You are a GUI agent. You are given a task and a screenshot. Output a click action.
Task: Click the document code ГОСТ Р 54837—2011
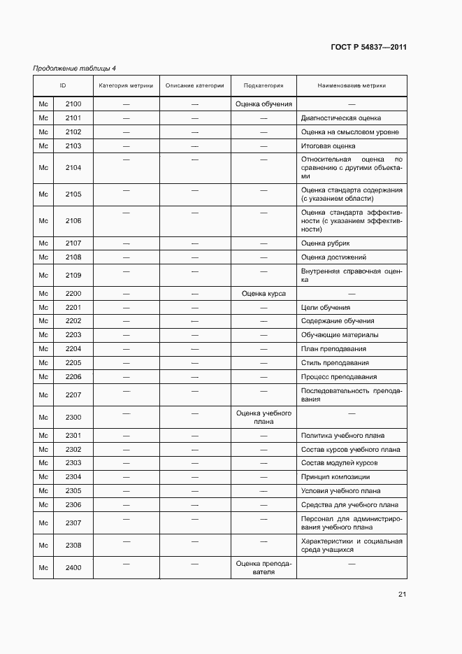pyautogui.click(x=368, y=48)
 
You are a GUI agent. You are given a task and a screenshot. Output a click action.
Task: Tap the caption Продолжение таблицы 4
pyautogui.click(x=75, y=68)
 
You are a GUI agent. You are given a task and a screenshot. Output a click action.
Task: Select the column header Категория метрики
pyautogui.click(x=126, y=86)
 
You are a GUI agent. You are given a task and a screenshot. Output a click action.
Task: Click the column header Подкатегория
pyautogui.click(x=264, y=86)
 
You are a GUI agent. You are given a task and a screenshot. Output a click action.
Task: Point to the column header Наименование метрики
pyautogui.click(x=352, y=86)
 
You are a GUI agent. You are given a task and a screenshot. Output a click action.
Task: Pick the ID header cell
pyautogui.click(x=63, y=86)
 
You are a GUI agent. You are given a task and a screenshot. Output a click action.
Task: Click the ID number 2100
pyautogui.click(x=73, y=104)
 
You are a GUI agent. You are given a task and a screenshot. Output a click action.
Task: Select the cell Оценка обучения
pyautogui.click(x=264, y=104)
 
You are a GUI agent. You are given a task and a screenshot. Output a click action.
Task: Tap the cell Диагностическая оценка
pyautogui.click(x=341, y=118)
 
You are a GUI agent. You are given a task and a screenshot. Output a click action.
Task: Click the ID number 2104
pyautogui.click(x=73, y=168)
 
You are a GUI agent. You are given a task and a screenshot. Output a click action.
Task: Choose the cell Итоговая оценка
pyautogui.click(x=328, y=146)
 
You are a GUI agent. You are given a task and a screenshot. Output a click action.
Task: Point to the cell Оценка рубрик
pyautogui.click(x=325, y=243)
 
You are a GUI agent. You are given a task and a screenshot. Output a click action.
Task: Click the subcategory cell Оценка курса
pyautogui.click(x=264, y=294)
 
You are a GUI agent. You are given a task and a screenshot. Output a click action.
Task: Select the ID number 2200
pyautogui.click(x=73, y=294)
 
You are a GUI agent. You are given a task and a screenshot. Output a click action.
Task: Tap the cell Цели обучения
pyautogui.click(x=325, y=308)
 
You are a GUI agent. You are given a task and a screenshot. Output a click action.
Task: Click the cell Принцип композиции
pyautogui.click(x=335, y=477)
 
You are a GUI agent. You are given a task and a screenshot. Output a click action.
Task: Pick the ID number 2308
pyautogui.click(x=73, y=545)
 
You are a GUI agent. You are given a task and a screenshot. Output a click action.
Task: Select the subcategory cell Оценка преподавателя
pyautogui.click(x=264, y=567)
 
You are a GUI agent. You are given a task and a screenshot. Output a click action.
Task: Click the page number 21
pyautogui.click(x=402, y=595)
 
